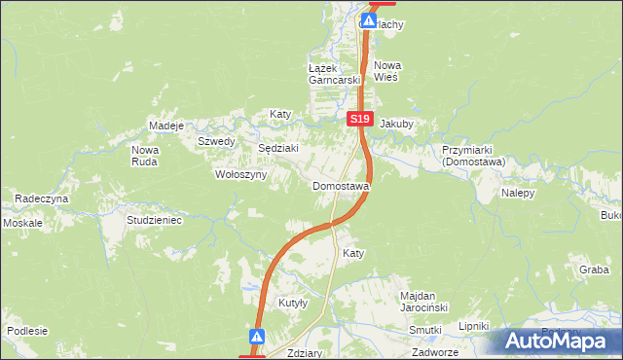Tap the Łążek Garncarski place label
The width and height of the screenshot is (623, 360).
pos(334,74)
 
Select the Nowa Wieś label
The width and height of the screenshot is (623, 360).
pos(387,71)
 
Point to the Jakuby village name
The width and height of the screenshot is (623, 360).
pos(396,125)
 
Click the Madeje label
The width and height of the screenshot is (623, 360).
pos(166,126)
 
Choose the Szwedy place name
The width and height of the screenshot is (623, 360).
pos(216,141)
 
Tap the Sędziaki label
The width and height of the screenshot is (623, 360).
pos(276,149)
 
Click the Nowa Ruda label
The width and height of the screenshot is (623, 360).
pos(145,156)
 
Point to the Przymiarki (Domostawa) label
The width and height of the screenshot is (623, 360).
pos(472,157)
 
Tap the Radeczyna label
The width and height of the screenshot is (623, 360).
pos(41,198)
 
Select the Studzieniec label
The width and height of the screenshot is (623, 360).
pos(155,221)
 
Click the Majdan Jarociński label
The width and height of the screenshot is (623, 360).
pos(423,301)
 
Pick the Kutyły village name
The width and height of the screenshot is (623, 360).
pos(293,303)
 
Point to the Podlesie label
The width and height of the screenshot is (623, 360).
pos(27,331)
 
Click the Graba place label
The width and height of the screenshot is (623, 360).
pos(593,270)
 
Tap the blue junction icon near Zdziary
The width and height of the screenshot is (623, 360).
pos(257,337)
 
